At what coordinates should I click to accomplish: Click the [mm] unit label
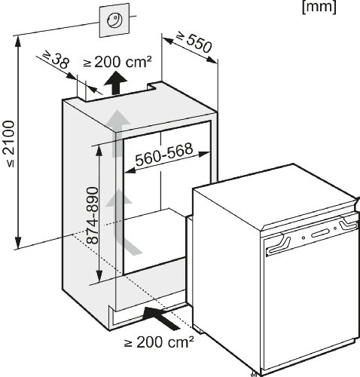(319, 7)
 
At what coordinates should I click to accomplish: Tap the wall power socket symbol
(114, 20)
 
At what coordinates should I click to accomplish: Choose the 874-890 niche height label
(92, 216)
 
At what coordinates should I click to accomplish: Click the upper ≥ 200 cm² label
(117, 62)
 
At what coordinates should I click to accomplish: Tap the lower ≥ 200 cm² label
(159, 342)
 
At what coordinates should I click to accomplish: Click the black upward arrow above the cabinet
(115, 83)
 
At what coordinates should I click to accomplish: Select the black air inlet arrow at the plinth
(160, 317)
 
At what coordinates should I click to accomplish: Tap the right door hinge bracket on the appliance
(349, 223)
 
